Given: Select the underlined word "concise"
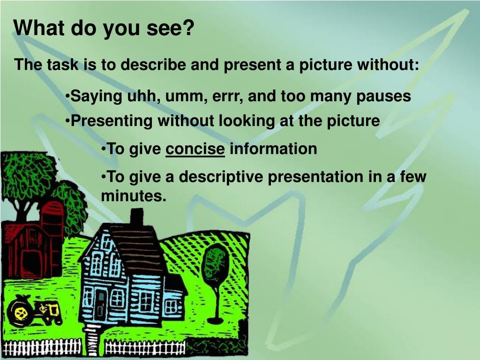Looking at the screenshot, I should [x=196, y=149].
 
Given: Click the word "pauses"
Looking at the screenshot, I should [x=383, y=97].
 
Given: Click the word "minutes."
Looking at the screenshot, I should [x=134, y=196].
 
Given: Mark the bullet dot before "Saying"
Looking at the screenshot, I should [x=67, y=97].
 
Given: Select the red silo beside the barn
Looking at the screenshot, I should [x=52, y=230].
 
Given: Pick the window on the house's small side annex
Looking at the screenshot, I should [x=172, y=307].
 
